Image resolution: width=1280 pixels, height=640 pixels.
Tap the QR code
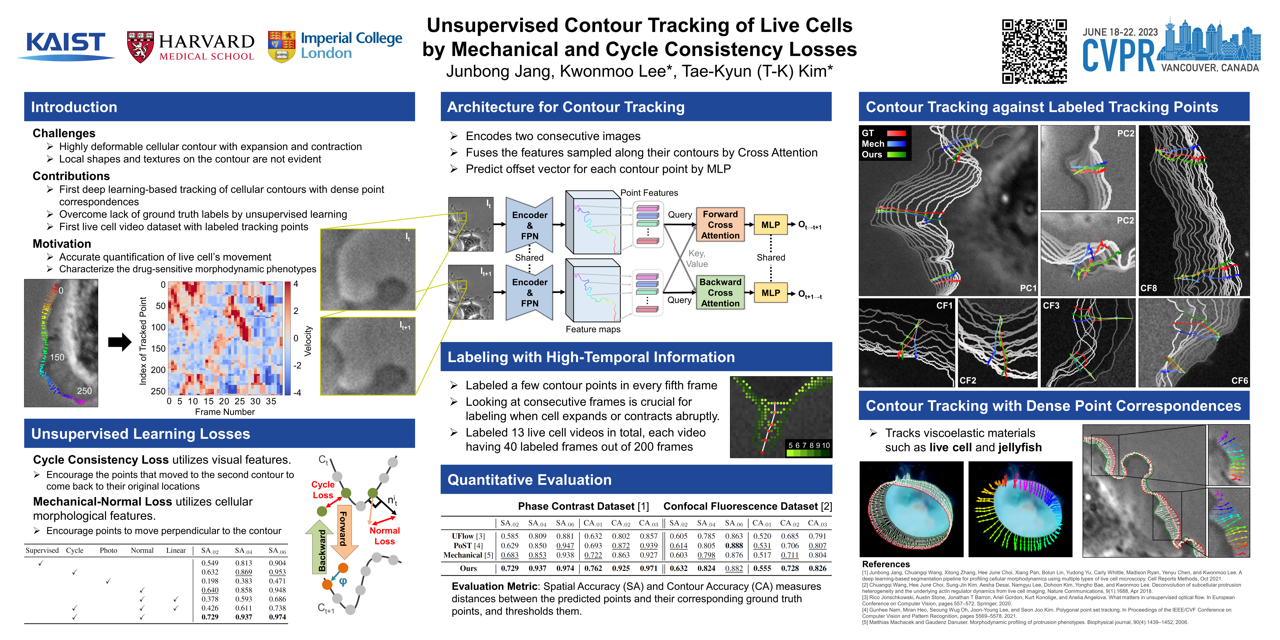pos(1034,51)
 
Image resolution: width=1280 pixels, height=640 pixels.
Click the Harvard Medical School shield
pos(140,47)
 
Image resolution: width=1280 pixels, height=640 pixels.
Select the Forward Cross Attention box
pos(720,224)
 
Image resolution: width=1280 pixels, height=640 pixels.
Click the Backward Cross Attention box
pos(720,293)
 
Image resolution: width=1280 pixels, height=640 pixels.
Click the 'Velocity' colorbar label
pos(308,341)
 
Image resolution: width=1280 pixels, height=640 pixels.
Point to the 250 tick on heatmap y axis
pos(158,391)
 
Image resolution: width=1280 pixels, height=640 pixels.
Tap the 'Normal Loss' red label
pos(384,536)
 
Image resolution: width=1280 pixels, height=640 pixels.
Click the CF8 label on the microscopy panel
pos(1148,288)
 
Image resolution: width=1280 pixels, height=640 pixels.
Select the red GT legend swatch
pos(896,133)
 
